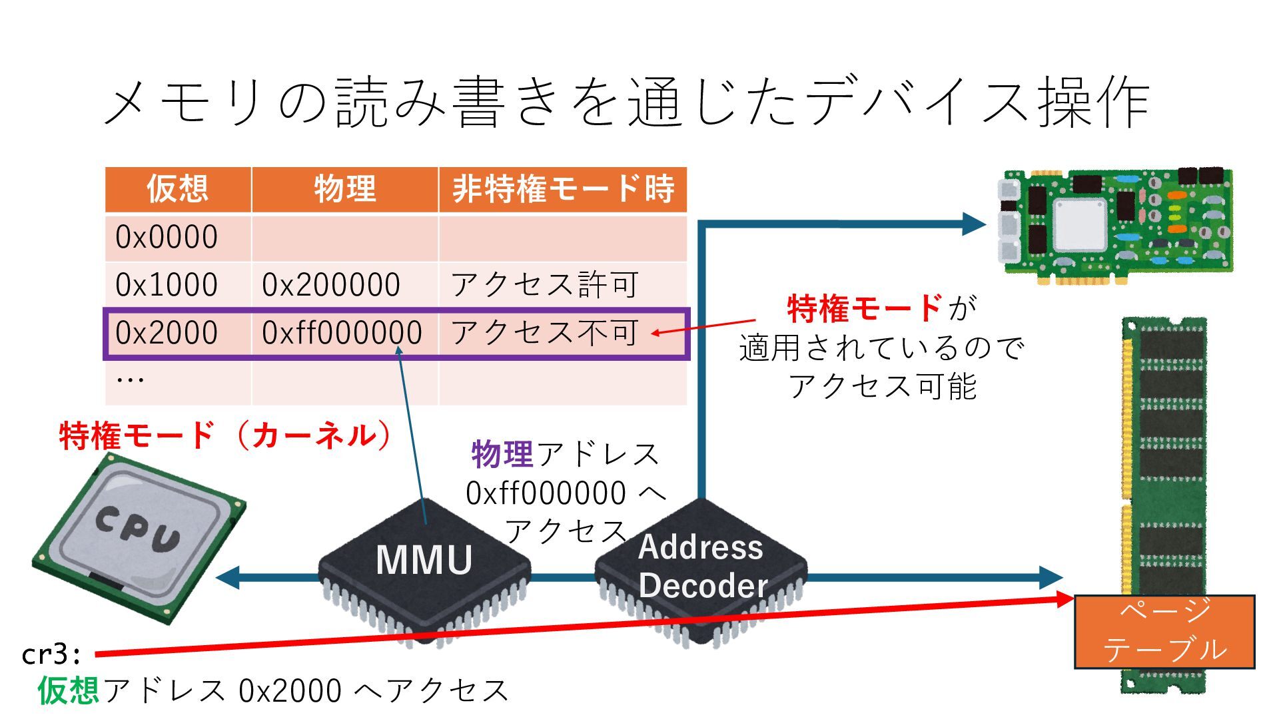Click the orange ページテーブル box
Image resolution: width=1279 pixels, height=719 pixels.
(1164, 631)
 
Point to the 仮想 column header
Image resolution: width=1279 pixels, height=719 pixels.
(178, 189)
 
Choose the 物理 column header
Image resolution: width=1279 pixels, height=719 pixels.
(345, 189)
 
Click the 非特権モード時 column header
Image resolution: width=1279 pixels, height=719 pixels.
(563, 189)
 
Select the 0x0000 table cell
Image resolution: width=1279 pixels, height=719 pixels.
(167, 237)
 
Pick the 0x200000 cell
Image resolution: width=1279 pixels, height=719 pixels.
(331, 285)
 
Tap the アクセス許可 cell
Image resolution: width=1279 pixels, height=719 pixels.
(545, 285)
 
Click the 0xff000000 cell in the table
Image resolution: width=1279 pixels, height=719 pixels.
(342, 333)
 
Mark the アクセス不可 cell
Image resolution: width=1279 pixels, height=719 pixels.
(545, 333)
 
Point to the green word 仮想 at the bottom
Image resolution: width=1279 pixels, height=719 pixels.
(69, 690)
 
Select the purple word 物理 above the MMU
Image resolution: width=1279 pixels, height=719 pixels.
(502, 455)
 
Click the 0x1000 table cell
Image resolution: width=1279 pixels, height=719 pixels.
(167, 285)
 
